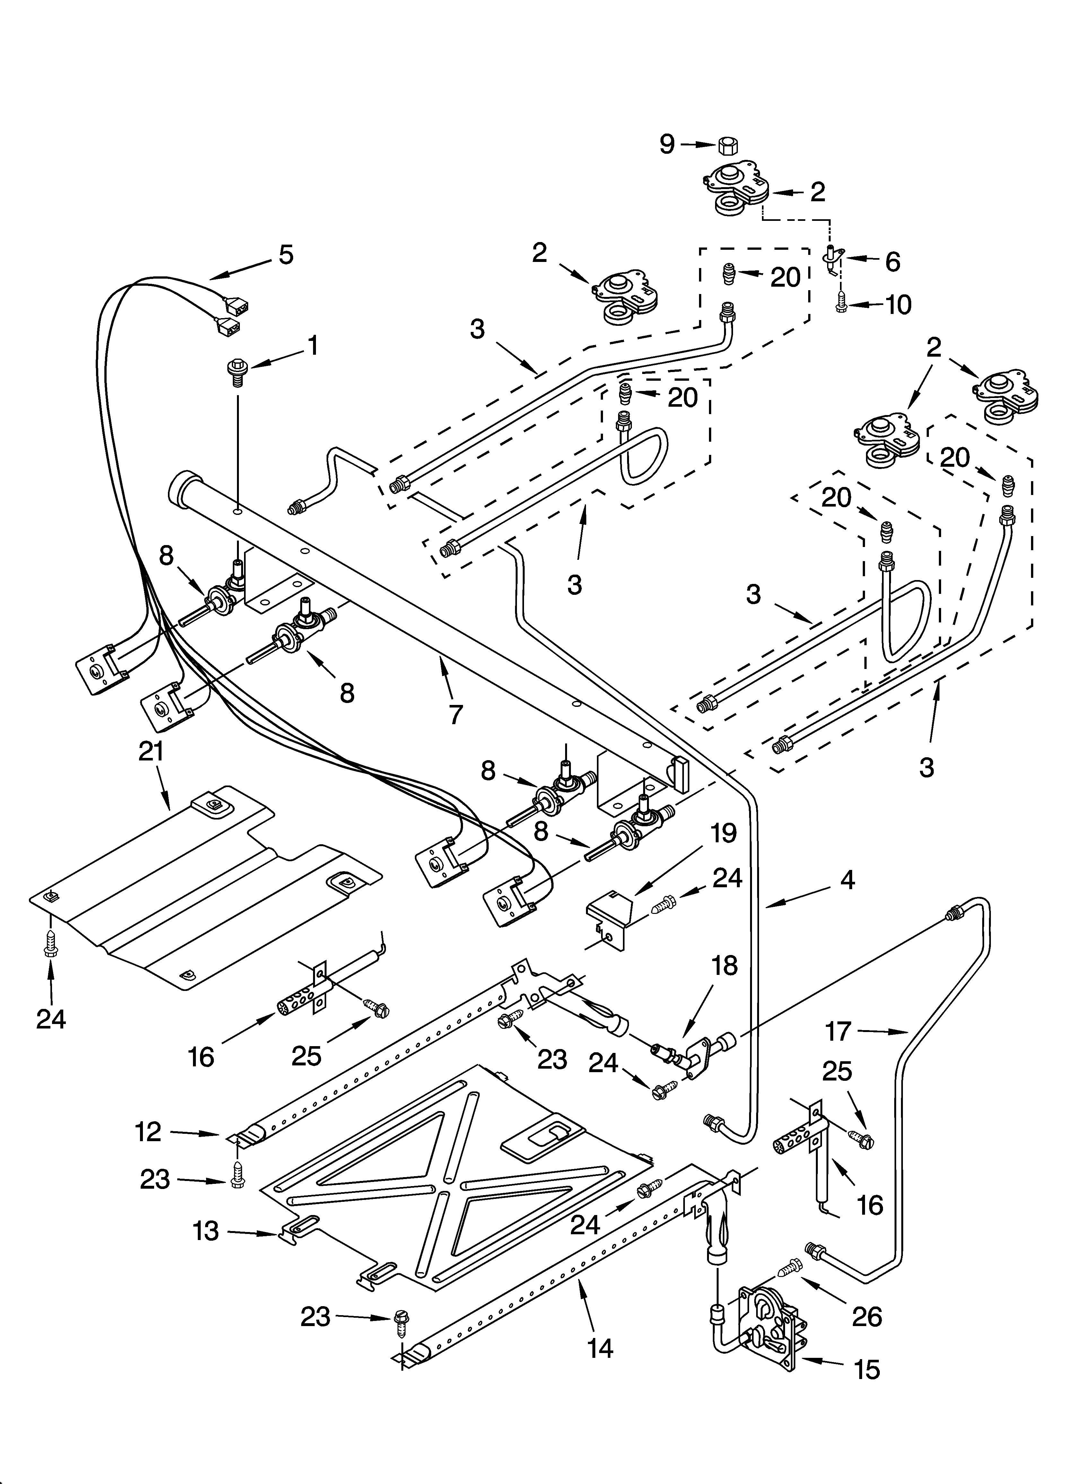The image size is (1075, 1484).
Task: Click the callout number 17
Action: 837,1032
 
